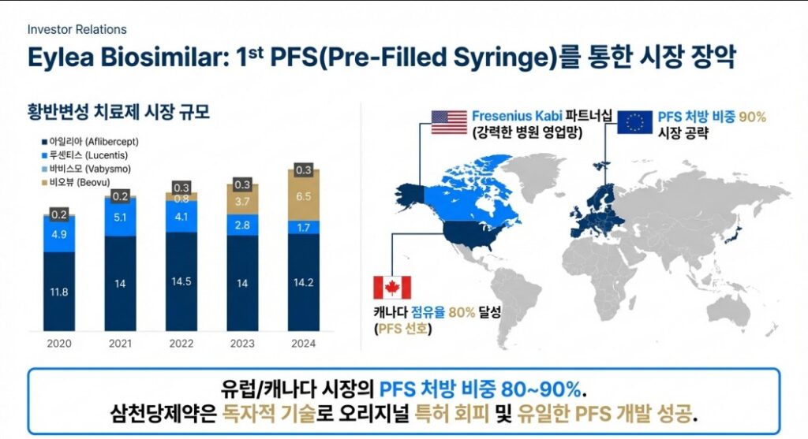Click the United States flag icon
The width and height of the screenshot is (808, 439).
[x=449, y=123]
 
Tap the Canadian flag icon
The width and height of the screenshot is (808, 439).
[x=392, y=288]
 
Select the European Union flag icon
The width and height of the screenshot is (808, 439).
[x=634, y=121]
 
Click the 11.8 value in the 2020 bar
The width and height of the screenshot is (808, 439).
[x=59, y=292]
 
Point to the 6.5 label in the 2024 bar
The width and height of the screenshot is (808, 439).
[x=303, y=195]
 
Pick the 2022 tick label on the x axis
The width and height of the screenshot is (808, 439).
[x=181, y=344]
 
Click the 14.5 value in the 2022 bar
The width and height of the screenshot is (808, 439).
[x=181, y=282]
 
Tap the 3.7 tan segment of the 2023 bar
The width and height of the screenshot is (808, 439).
[x=242, y=202]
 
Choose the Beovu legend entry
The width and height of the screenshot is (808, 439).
[x=73, y=181]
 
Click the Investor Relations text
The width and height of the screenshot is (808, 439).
[x=77, y=29]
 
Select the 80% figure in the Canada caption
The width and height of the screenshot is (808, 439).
[x=462, y=312]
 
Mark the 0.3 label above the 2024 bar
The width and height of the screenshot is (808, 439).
[x=303, y=170]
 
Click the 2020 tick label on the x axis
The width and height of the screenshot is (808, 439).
[x=59, y=344]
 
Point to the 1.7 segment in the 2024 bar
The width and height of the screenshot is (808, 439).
[x=303, y=228]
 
